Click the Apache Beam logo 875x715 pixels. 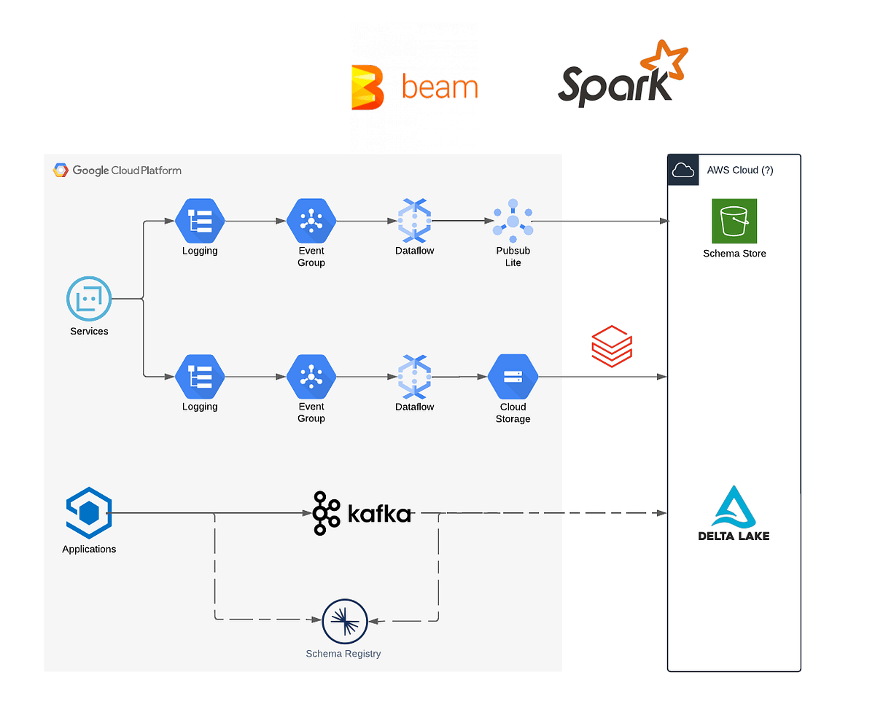pyautogui.click(x=413, y=87)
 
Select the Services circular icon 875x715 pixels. pyautogui.click(x=89, y=298)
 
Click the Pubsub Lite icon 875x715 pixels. pyautogui.click(x=513, y=220)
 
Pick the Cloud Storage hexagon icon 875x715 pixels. pyautogui.click(x=513, y=376)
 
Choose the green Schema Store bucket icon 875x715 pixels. pyautogui.click(x=734, y=220)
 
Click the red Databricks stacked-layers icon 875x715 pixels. pyautogui.click(x=611, y=346)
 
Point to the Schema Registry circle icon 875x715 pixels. pyautogui.click(x=344, y=620)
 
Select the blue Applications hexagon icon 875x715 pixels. pyautogui.click(x=89, y=512)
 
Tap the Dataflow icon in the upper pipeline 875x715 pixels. pyautogui.click(x=414, y=220)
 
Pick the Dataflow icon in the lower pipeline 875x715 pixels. pyautogui.click(x=414, y=376)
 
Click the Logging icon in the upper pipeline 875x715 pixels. pyautogui.click(x=200, y=220)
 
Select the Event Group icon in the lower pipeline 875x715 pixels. pyautogui.click(x=311, y=376)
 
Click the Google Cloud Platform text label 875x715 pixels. pyautogui.click(x=127, y=170)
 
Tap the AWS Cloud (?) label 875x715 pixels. pyautogui.click(x=739, y=170)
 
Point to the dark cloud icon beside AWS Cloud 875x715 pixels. pyautogui.click(x=682, y=170)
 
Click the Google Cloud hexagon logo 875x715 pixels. pyautogui.click(x=61, y=170)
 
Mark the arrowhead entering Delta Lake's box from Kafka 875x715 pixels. pyautogui.click(x=661, y=512)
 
